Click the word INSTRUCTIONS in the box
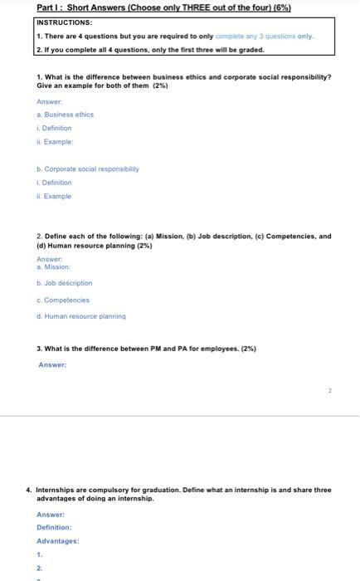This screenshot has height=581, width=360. (65, 23)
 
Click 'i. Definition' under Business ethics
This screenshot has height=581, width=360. (54, 128)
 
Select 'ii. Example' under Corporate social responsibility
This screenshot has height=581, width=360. (55, 196)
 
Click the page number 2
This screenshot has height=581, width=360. (329, 388)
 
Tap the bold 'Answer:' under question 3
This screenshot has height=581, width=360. (52, 364)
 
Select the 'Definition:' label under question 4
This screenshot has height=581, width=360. (54, 527)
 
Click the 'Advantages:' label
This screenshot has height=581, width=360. (57, 540)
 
